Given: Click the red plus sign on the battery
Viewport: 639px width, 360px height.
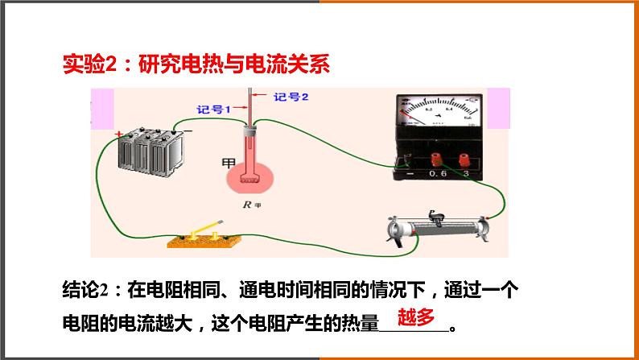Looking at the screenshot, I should (119, 134).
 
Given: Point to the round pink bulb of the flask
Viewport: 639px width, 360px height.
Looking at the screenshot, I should (251, 177).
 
